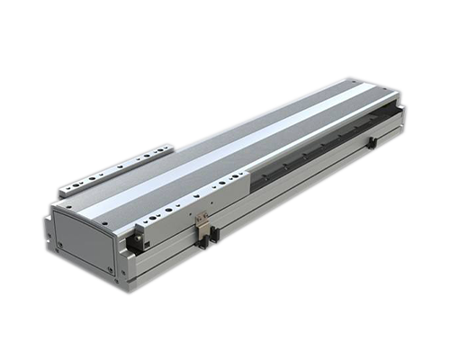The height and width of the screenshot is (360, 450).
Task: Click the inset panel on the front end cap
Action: (x=84, y=238)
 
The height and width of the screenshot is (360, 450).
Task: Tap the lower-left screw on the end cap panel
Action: (x=58, y=244)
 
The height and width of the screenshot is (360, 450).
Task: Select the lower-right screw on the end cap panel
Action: (x=110, y=268)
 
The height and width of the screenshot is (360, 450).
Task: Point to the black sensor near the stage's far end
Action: (x=372, y=143)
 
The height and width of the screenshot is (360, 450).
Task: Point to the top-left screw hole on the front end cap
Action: (x=58, y=215)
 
